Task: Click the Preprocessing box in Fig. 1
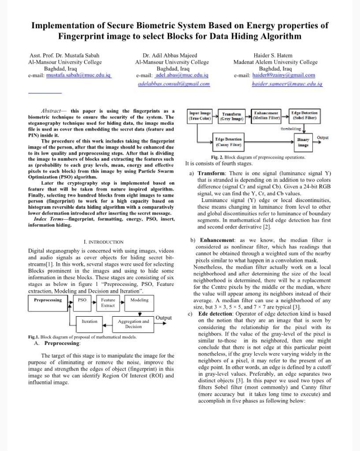tap(48, 300)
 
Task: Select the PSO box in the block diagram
tap(82, 300)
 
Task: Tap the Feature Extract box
tap(108, 303)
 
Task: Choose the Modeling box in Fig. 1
tap(139, 300)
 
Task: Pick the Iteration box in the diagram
tap(89, 322)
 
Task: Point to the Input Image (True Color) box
tap(200, 116)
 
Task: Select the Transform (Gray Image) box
tap(232, 117)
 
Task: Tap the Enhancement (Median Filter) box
tap(266, 116)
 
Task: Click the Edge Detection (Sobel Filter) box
tap(304, 116)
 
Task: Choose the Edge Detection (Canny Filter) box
tap(228, 142)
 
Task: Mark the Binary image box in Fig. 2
tap(303, 142)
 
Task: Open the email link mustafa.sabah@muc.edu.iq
tap(78, 75)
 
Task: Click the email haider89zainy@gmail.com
tap(284, 75)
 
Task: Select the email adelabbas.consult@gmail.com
tap(174, 83)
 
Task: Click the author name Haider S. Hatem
tap(272, 55)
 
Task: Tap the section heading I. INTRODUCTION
tap(104, 242)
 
